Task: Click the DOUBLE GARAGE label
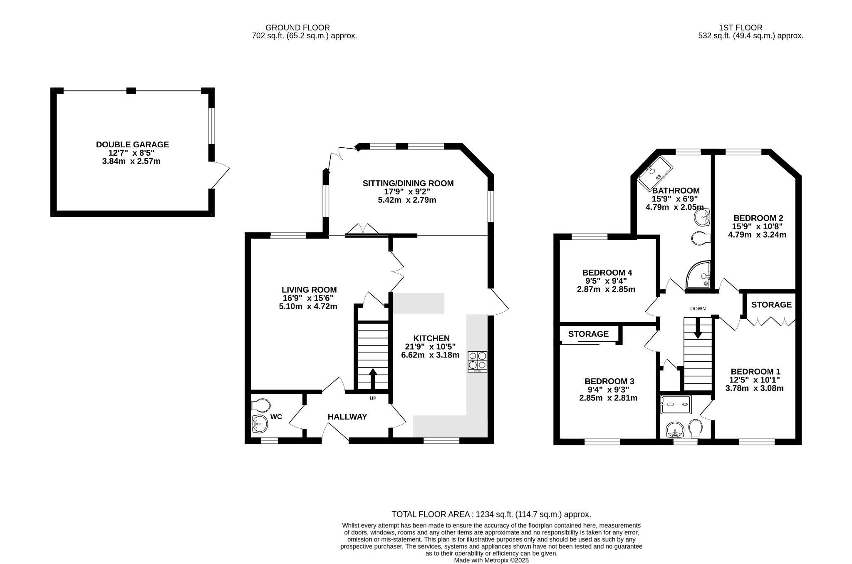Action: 132,144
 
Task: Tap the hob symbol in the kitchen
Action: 477,361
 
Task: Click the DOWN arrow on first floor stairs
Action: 698,328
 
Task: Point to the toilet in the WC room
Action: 261,405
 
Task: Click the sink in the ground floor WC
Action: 260,424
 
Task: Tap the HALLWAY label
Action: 347,417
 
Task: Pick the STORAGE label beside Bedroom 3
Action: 588,334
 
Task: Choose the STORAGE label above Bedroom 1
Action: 771,305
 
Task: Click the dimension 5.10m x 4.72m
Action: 308,307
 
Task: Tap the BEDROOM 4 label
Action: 607,273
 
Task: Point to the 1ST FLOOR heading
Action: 741,28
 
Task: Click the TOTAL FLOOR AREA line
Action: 491,514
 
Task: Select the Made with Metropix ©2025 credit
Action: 491,560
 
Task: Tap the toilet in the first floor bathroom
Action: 701,239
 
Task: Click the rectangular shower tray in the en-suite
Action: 676,405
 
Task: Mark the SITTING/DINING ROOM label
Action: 408,183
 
